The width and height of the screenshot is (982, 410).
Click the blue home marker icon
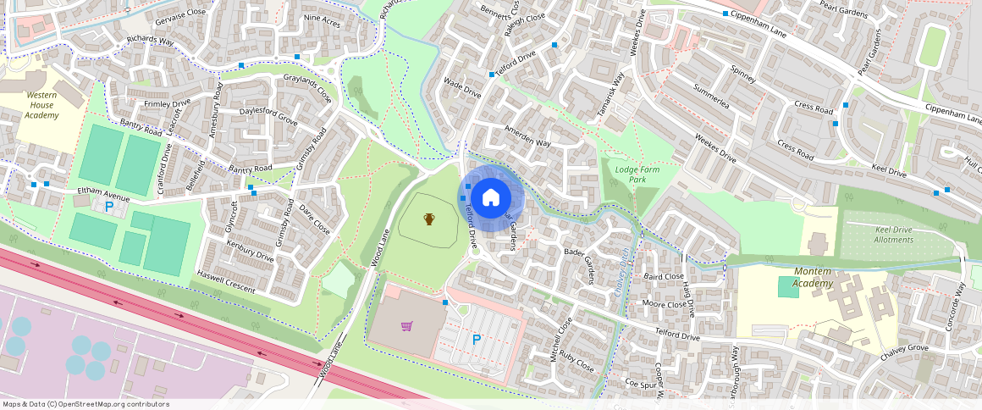click(491, 198)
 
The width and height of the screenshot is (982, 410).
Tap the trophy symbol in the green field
click(429, 219)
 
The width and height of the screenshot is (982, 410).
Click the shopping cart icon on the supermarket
click(407, 326)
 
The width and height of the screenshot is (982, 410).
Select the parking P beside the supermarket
click(477, 340)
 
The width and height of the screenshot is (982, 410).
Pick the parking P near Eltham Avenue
click(108, 206)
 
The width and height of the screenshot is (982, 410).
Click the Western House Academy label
click(41, 105)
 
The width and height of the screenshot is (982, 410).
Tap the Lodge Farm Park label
click(637, 175)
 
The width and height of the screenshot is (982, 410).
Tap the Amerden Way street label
click(527, 137)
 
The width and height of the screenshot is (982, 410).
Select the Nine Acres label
click(322, 21)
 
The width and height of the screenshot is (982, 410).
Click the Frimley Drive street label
click(168, 104)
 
